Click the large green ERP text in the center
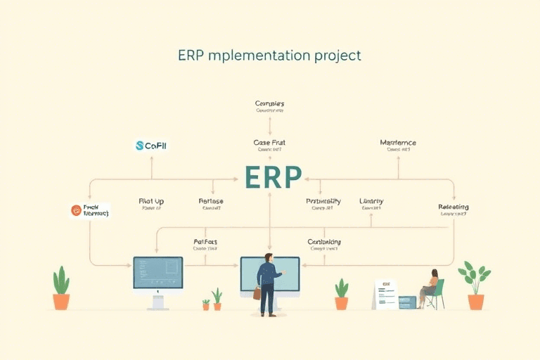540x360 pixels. pyautogui.click(x=273, y=177)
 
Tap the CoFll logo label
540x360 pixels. pyautogui.click(x=151, y=146)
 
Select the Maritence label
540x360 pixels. pyautogui.click(x=398, y=143)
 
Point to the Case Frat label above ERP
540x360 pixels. pyautogui.click(x=269, y=143)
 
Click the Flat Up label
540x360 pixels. pyautogui.click(x=151, y=201)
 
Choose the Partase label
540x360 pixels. pyautogui.click(x=211, y=201)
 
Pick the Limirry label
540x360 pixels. pyautogui.click(x=371, y=201)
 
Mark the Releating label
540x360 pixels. pyautogui.click(x=453, y=207)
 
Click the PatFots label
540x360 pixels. pyautogui.click(x=205, y=242)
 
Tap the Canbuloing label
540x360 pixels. pyautogui.click(x=324, y=242)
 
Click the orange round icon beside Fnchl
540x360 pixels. pyautogui.click(x=77, y=210)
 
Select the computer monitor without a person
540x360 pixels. pyautogui.click(x=158, y=273)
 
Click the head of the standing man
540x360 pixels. pyautogui.click(x=268, y=257)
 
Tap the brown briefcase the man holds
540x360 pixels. pyautogui.click(x=257, y=293)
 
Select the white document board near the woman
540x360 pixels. pyautogui.click(x=385, y=294)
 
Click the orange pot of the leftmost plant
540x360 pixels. pyautogui.click(x=61, y=302)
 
